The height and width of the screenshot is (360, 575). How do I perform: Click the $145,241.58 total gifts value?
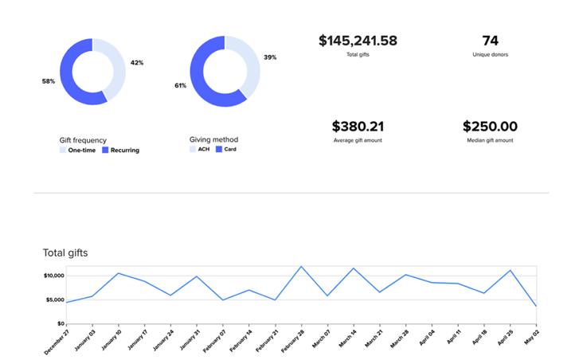click(358, 41)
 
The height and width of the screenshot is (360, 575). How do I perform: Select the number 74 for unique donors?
click(490, 41)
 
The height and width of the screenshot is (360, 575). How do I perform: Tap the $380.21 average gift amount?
click(358, 126)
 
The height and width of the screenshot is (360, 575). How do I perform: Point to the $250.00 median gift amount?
click(490, 126)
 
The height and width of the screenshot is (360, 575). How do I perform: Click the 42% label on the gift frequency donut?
click(137, 63)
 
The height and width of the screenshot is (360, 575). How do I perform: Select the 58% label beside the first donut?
click(49, 81)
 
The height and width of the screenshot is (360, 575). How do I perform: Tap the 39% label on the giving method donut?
click(270, 57)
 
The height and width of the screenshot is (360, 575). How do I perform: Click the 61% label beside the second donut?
click(181, 85)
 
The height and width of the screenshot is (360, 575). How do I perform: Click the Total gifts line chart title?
click(65, 252)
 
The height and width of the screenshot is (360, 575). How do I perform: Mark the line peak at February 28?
click(301, 267)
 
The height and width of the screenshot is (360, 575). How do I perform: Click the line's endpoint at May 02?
click(536, 306)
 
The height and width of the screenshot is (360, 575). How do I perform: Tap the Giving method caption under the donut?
click(213, 139)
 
